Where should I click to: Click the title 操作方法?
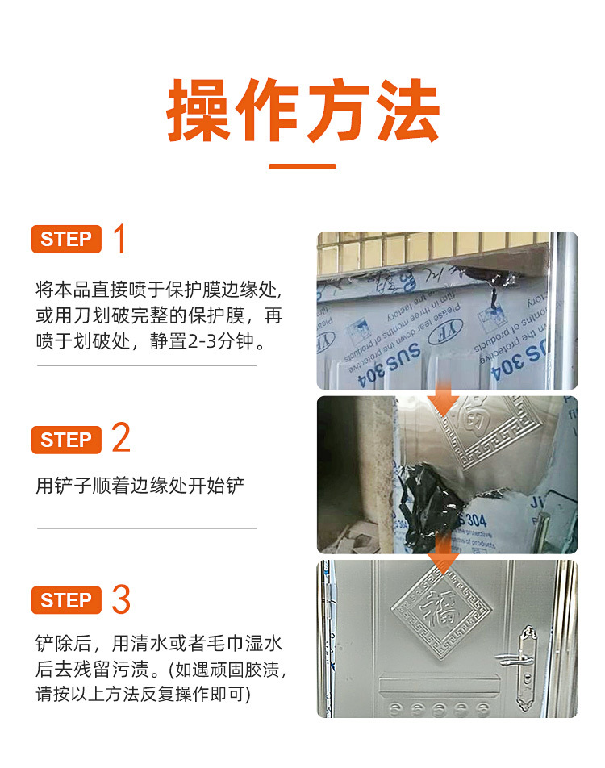302,111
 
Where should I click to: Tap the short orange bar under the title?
302,167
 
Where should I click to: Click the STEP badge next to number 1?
66,240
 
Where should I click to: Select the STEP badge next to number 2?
66,440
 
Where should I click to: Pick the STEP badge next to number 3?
66,600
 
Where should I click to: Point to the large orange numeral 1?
120,240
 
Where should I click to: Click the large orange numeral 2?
121,439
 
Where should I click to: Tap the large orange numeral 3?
121,599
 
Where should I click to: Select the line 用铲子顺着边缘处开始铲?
140,486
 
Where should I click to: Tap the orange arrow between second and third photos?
442,556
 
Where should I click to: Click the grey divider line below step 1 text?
147,365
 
